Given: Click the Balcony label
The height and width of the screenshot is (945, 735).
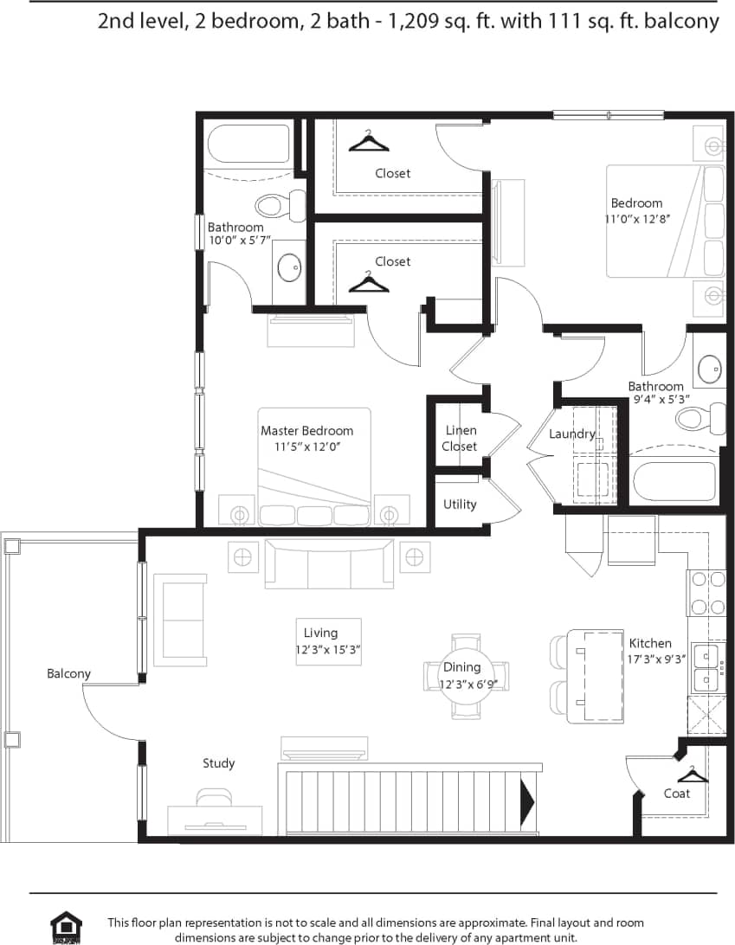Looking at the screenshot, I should click(68, 673).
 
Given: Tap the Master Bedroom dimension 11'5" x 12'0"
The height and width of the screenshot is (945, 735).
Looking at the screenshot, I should click(306, 447).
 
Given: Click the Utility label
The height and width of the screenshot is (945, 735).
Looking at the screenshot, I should click(460, 504).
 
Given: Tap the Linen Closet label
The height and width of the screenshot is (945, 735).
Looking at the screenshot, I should click(460, 438).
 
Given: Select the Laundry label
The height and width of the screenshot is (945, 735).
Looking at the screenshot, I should click(571, 434).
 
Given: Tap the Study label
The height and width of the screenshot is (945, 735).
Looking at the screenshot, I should click(219, 763).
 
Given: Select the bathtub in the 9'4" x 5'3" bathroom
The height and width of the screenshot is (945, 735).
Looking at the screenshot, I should click(674, 481).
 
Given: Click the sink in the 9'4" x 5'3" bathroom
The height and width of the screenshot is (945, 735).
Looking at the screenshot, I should click(710, 369).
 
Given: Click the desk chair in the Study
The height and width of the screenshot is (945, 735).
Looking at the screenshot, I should click(214, 797).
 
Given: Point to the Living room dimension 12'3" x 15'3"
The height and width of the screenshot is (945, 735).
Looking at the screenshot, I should click(327, 649).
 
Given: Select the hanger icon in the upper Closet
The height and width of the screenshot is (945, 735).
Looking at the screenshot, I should click(369, 141).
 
